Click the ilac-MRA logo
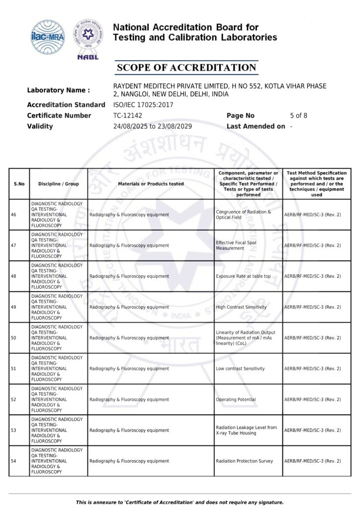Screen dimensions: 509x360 pos(48,36)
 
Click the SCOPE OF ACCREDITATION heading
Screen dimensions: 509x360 pos(185,68)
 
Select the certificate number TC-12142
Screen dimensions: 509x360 pos(128,115)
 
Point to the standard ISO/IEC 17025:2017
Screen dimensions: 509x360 pos(144,104)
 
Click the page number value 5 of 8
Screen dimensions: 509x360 pos(298,115)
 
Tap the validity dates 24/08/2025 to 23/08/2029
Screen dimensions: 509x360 pos(153,126)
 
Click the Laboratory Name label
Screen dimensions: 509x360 pos(58,90)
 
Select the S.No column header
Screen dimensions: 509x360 pos(19,184)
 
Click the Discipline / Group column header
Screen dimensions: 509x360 pos(58,184)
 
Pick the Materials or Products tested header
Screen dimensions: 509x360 pos(151,184)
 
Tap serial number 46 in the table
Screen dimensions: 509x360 pos(13,215)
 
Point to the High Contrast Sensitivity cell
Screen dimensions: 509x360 pos(241,307)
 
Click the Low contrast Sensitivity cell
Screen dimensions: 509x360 pos(240,369)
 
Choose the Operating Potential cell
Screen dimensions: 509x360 pos(236,400)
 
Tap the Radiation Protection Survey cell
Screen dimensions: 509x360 pos(244,461)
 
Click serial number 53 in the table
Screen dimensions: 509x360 pos(13,430)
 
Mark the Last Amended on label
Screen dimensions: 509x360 pos(256,126)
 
